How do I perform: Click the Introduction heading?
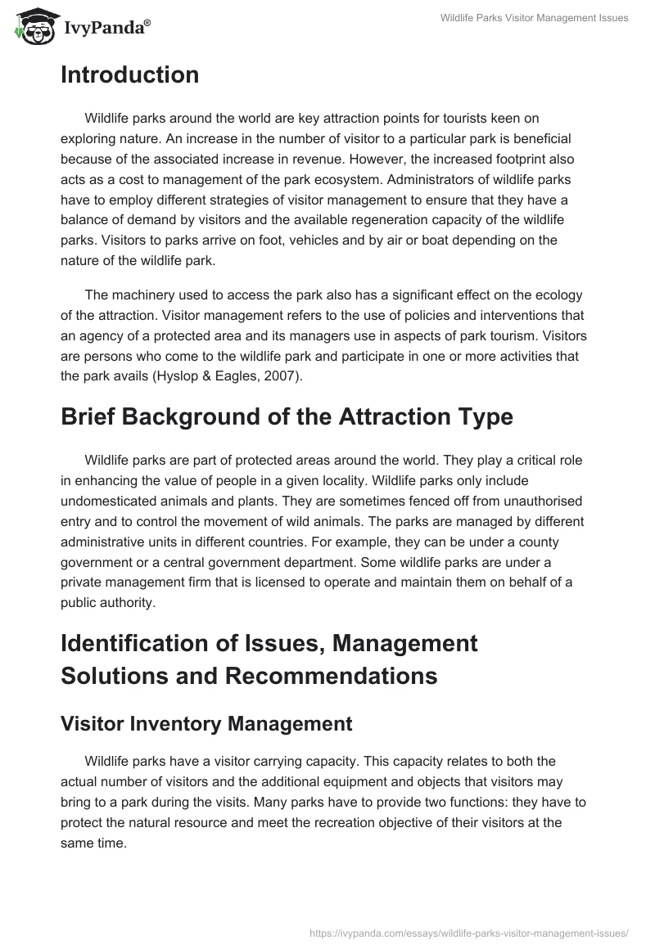coord(129,75)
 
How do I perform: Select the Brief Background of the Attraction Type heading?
coord(287,416)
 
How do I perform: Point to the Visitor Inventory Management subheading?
coord(206,723)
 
